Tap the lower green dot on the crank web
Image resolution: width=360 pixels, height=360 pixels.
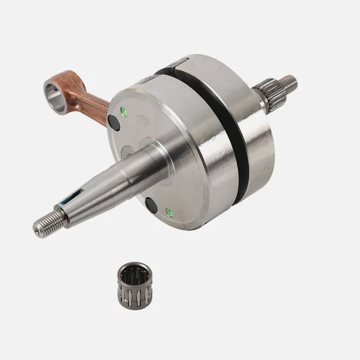(167, 210)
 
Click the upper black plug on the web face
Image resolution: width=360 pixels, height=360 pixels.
(114, 121)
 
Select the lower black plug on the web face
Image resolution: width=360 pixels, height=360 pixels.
(151, 204)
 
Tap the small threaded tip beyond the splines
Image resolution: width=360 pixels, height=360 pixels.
(289, 81)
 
